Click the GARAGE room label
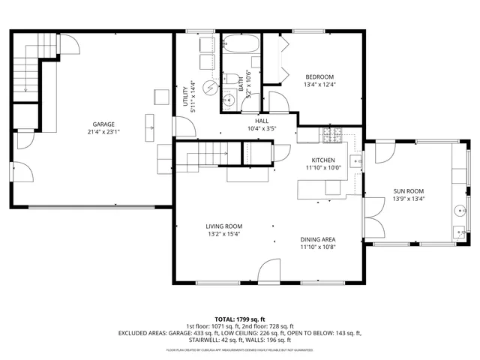103,124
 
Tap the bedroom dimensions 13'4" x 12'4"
319,85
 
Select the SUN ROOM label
408,191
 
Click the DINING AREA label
318,239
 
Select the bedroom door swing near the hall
278,101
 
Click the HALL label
261,121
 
